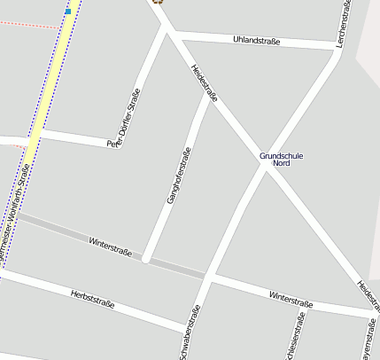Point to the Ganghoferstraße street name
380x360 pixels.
(179, 175)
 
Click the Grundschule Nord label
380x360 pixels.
(281, 160)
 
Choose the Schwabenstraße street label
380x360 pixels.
(190, 333)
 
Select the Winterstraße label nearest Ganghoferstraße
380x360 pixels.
(110, 247)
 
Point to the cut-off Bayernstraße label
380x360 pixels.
(366, 340)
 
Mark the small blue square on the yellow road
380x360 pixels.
(68, 12)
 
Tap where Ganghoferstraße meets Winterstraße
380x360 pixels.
(146, 260)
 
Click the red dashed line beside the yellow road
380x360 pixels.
(27, 25)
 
